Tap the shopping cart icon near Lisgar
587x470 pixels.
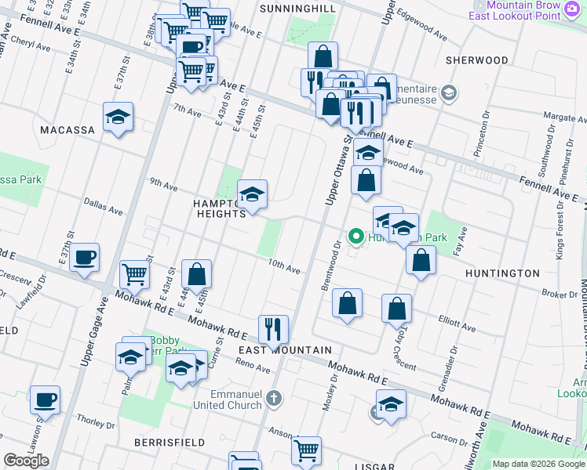306,450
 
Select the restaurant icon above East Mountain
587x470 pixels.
273,328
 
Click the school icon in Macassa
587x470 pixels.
118,117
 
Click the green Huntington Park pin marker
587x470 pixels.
355,235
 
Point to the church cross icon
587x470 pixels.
274,399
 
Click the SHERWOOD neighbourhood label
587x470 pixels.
476,60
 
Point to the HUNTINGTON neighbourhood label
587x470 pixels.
502,273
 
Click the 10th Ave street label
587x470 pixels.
284,268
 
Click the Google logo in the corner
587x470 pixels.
27,461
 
